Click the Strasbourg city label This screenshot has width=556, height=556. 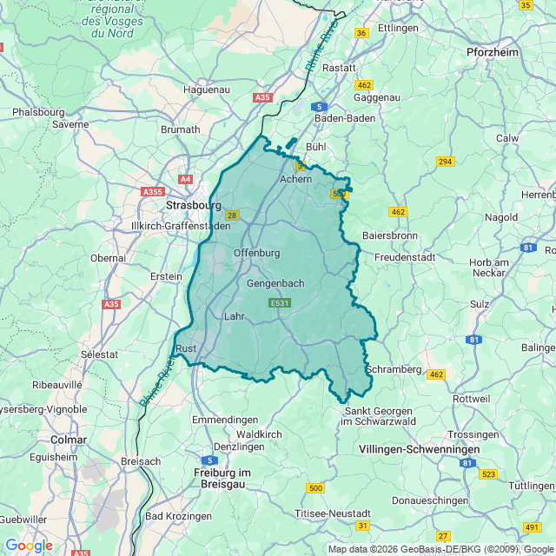click(193, 205)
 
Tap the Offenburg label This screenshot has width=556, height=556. click(257, 253)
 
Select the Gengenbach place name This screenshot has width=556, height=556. click(275, 284)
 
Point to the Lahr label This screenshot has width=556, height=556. click(235, 317)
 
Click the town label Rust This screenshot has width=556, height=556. click(186, 348)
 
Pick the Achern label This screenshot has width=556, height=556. click(295, 179)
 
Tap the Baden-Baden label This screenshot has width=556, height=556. click(343, 118)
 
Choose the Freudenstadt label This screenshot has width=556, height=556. click(404, 257)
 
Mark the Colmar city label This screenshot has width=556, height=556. click(69, 440)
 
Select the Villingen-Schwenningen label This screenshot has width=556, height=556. click(419, 449)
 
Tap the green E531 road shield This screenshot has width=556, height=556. click(280, 302)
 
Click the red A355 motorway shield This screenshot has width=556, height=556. click(153, 191)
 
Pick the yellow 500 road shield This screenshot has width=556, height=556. click(315, 488)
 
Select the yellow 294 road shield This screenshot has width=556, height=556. click(446, 162)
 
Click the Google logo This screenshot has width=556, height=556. click(29, 546)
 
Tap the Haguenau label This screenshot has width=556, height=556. click(206, 89)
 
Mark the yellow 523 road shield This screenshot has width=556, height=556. click(488, 474)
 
